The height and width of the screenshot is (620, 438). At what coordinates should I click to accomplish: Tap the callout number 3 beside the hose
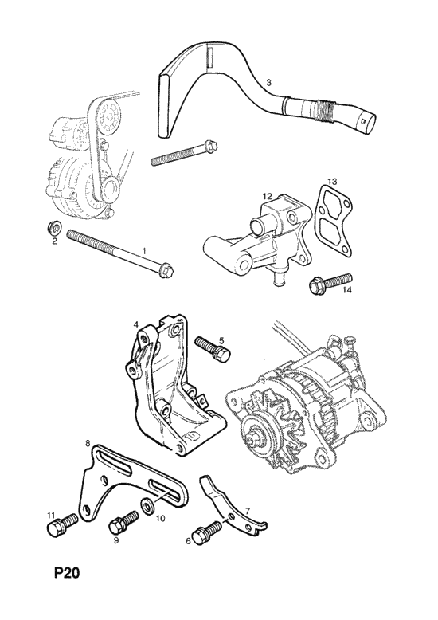268,83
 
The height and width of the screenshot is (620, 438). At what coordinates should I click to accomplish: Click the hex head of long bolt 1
167,270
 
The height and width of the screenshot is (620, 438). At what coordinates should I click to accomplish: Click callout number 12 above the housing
268,196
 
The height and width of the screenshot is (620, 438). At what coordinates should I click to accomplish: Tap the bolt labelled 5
213,348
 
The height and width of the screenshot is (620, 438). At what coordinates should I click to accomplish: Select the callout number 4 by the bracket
135,324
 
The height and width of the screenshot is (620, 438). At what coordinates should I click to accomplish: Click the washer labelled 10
147,506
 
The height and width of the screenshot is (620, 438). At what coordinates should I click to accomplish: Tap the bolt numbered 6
208,530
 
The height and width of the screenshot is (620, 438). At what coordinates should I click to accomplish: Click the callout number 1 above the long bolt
144,251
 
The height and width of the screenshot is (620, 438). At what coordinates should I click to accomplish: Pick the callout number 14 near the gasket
346,290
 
